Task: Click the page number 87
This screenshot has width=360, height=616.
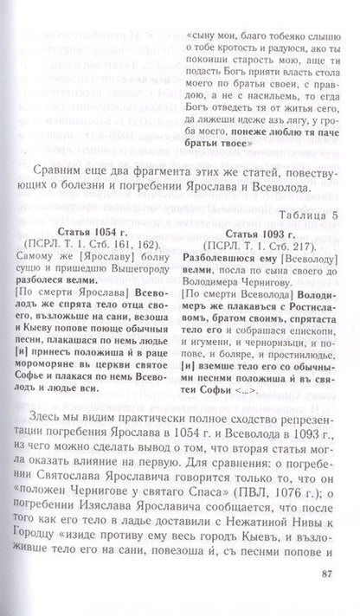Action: [x=326, y=595]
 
